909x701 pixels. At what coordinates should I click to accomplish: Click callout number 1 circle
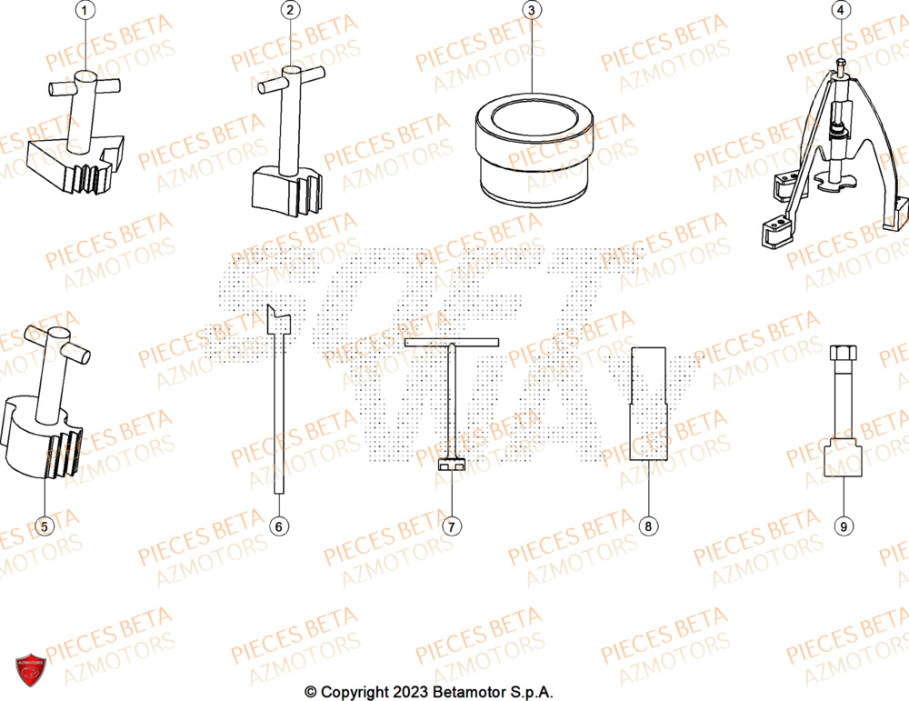coord(85,11)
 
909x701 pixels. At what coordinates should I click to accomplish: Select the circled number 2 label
coord(290,11)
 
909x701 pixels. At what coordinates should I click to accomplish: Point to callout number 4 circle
coord(841,11)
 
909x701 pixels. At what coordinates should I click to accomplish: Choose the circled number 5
coord(45,525)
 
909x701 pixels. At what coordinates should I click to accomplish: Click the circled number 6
coord(280,525)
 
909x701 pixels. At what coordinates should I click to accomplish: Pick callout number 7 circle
coord(450,525)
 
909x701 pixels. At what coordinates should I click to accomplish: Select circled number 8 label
coord(647,525)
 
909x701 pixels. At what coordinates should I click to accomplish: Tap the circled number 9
coord(843,525)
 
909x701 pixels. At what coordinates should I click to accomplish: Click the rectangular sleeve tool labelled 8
coord(647,405)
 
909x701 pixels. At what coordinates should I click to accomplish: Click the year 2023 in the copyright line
coord(408,692)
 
